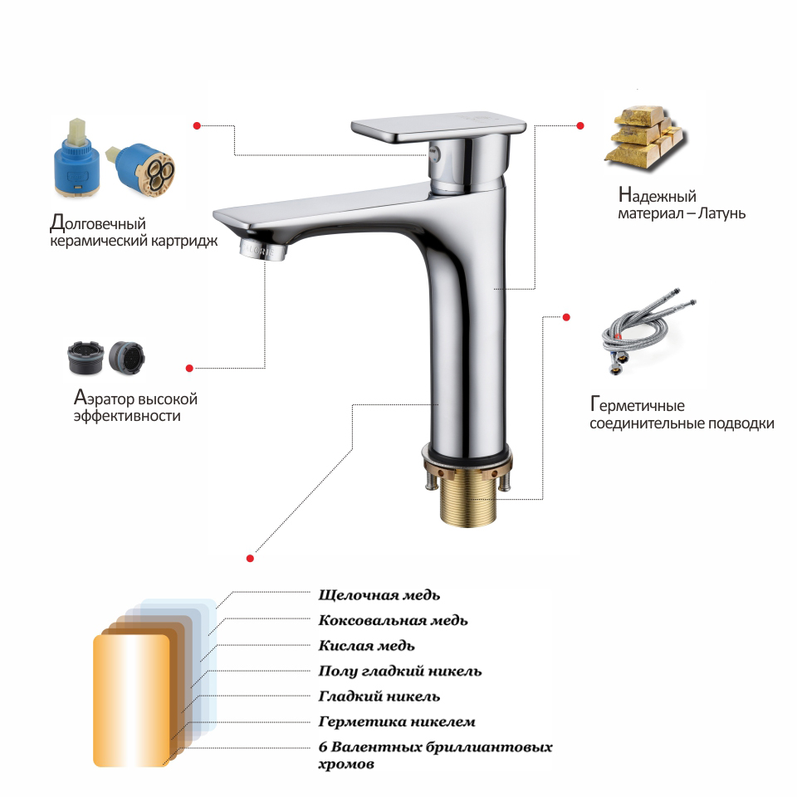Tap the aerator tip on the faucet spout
(263, 249)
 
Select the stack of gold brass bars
(646, 134)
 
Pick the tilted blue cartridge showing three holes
(141, 169)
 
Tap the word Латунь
(721, 213)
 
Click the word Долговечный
(98, 222)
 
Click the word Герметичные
(638, 405)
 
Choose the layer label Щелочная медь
(379, 595)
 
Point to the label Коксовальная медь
(393, 621)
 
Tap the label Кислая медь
(366, 646)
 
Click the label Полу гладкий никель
(400, 672)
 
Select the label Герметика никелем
(397, 721)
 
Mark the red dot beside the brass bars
(580, 125)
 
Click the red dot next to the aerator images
(189, 368)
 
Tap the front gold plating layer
(131, 701)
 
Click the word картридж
(187, 241)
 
